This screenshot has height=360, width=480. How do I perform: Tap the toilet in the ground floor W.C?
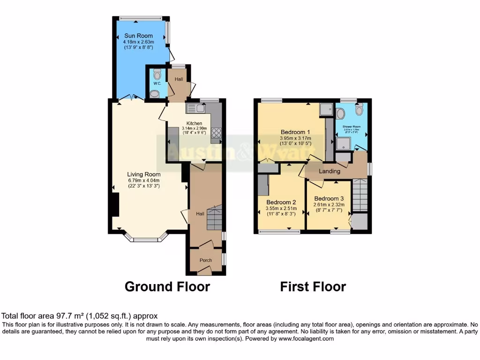(x=157, y=74)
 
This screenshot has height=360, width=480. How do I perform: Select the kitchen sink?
(x=196, y=109)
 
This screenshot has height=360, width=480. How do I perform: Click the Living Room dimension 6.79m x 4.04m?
(x=144, y=180)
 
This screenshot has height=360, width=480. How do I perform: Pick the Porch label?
(x=206, y=260)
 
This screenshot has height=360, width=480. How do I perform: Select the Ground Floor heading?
(x=167, y=286)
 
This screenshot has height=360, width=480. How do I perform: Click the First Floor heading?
(x=313, y=286)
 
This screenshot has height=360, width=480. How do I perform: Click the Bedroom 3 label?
(x=329, y=198)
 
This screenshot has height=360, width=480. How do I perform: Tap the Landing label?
(x=330, y=172)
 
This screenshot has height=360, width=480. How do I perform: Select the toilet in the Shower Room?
(x=360, y=109)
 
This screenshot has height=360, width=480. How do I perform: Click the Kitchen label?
(x=194, y=123)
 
